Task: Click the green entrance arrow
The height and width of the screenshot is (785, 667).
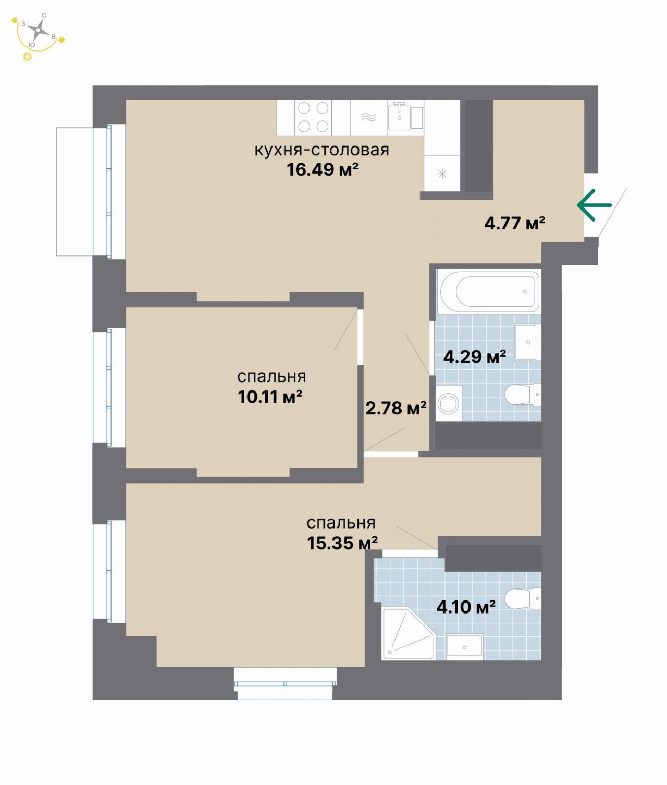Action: (x=594, y=205)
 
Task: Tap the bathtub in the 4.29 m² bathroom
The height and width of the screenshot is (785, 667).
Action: (x=489, y=292)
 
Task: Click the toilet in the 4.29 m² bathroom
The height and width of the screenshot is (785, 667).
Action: (x=523, y=395)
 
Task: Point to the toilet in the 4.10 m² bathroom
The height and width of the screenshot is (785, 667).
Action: (x=523, y=599)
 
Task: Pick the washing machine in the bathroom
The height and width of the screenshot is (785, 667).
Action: (x=448, y=403)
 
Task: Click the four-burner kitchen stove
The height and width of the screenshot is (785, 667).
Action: (x=313, y=117)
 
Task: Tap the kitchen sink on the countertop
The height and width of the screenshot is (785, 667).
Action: (x=399, y=116)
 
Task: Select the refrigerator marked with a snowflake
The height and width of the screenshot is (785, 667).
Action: (x=442, y=173)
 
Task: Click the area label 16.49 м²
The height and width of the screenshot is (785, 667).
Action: (x=323, y=170)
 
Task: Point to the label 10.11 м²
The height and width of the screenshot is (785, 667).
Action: (x=270, y=397)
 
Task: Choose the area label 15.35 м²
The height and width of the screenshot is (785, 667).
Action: (x=342, y=544)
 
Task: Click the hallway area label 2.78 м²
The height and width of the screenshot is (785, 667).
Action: (x=396, y=408)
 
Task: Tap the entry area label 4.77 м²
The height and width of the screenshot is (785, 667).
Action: (x=515, y=223)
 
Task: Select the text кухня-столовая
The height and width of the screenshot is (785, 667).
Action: (x=322, y=150)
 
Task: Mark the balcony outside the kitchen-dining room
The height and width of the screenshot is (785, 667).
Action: (x=75, y=192)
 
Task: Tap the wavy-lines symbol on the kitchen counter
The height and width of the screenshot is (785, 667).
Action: (x=368, y=117)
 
